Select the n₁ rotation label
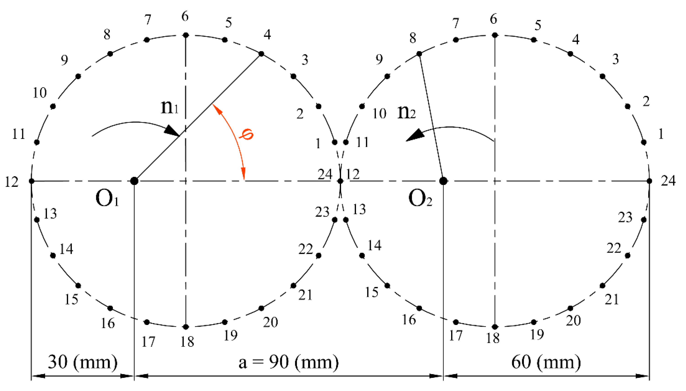point(170,107)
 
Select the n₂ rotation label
point(406,112)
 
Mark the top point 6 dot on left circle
point(186,35)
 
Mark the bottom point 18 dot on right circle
point(495,327)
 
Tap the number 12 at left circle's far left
point(12,182)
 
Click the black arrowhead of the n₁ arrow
point(172,131)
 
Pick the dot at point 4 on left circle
point(261,54)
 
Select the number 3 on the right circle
point(615,59)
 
